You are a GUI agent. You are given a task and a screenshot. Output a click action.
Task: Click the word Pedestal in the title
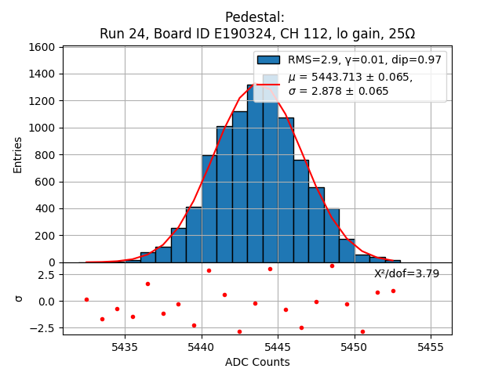(x=255, y=17)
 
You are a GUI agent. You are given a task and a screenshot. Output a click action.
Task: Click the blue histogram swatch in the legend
(x=269, y=60)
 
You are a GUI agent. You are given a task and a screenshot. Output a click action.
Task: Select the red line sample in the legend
(x=269, y=84)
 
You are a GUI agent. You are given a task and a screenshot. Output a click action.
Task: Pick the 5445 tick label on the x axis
(x=278, y=346)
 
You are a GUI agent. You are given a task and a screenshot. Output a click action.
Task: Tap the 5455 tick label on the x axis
(x=431, y=346)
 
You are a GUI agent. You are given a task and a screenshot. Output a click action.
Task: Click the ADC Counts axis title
(x=257, y=362)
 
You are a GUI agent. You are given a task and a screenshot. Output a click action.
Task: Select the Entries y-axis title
(x=18, y=155)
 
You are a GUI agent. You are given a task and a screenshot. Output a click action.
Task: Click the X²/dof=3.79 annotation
(x=406, y=274)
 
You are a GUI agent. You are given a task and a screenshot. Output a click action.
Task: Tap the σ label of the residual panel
(x=19, y=298)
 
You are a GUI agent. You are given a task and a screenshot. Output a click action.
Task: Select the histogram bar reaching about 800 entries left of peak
(x=209, y=208)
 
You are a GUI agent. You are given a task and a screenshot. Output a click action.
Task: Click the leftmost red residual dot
(x=86, y=299)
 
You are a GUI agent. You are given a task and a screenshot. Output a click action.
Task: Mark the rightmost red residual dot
(x=393, y=291)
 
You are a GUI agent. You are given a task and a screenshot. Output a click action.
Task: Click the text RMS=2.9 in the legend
(x=309, y=60)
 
